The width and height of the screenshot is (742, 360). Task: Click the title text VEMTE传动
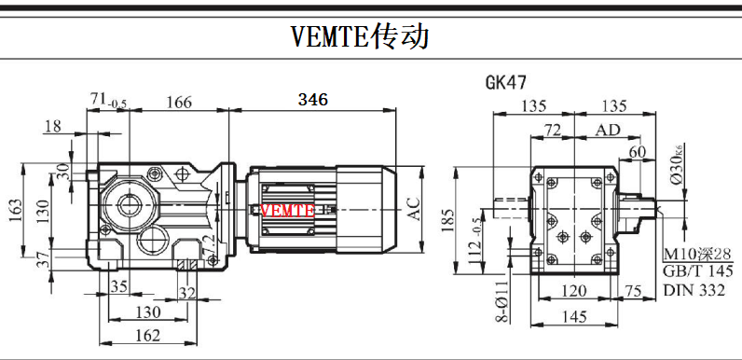360,37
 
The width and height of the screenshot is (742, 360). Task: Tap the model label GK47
506,82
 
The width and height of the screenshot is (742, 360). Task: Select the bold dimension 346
313,100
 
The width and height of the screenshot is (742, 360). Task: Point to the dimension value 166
179,102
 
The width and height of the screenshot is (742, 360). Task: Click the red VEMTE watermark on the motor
288,211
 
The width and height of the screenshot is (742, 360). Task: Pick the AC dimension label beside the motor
415,209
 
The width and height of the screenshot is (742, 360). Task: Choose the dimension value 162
147,336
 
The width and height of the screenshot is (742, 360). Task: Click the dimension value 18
53,127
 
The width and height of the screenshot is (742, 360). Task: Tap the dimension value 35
118,286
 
